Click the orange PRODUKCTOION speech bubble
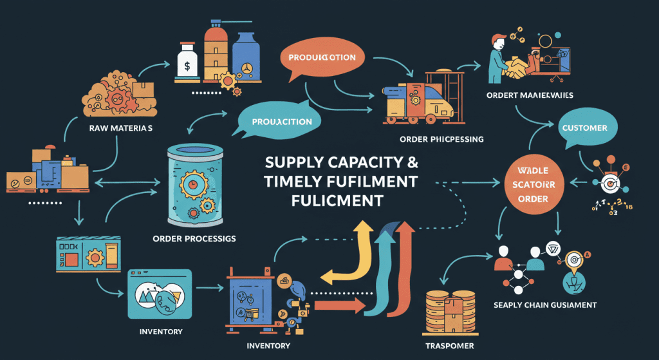(x=321, y=58)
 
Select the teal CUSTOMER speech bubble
(x=584, y=128)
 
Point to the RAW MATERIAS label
(x=121, y=128)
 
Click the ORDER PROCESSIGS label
(x=194, y=238)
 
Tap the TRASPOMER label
(x=450, y=346)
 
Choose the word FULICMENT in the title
(x=337, y=200)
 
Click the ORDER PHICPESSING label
(x=441, y=138)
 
